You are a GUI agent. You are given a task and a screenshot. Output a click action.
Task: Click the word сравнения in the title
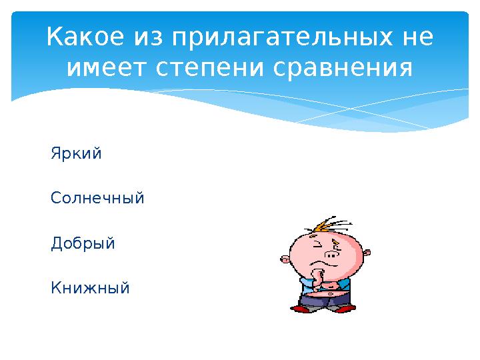(342, 68)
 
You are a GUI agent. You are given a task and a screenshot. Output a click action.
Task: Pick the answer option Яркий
(76, 154)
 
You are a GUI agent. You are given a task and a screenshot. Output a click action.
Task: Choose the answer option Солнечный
(97, 199)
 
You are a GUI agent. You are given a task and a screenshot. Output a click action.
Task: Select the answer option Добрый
(83, 243)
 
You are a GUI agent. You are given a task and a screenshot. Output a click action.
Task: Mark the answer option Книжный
(90, 288)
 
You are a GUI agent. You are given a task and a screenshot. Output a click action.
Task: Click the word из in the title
(145, 37)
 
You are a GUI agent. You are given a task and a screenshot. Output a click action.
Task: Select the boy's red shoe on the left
(303, 309)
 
